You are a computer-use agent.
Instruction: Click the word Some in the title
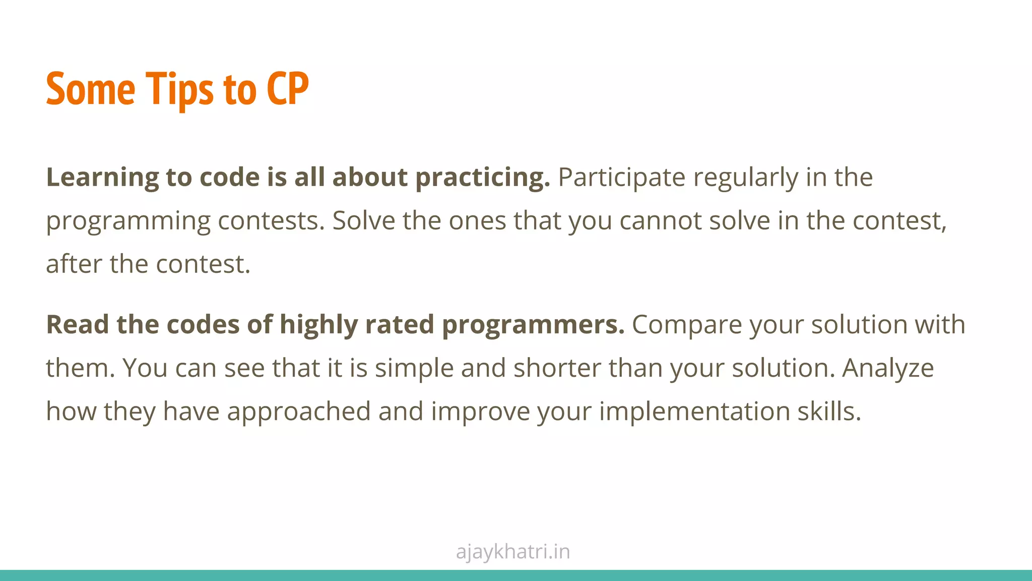click(x=91, y=89)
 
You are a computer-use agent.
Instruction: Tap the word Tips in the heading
click(x=179, y=89)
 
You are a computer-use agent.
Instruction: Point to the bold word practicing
click(x=482, y=178)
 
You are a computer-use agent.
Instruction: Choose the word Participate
click(x=621, y=178)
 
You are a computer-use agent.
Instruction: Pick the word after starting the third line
click(x=74, y=264)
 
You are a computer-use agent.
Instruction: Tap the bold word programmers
click(x=533, y=324)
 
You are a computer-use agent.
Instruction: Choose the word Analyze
click(x=888, y=368)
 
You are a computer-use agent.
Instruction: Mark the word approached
click(x=299, y=412)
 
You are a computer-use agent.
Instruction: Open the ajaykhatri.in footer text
click(x=513, y=552)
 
